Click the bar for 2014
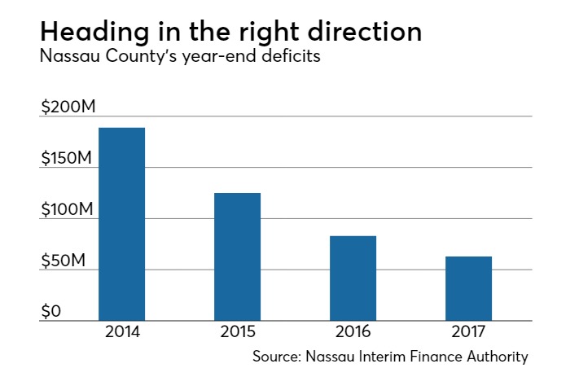point(121,224)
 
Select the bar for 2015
point(237,256)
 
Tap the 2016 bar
point(353,278)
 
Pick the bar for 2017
point(468,288)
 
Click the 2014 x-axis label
point(121,333)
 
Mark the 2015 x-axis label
point(237,333)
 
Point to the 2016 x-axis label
point(353,333)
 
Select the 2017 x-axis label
point(468,333)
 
